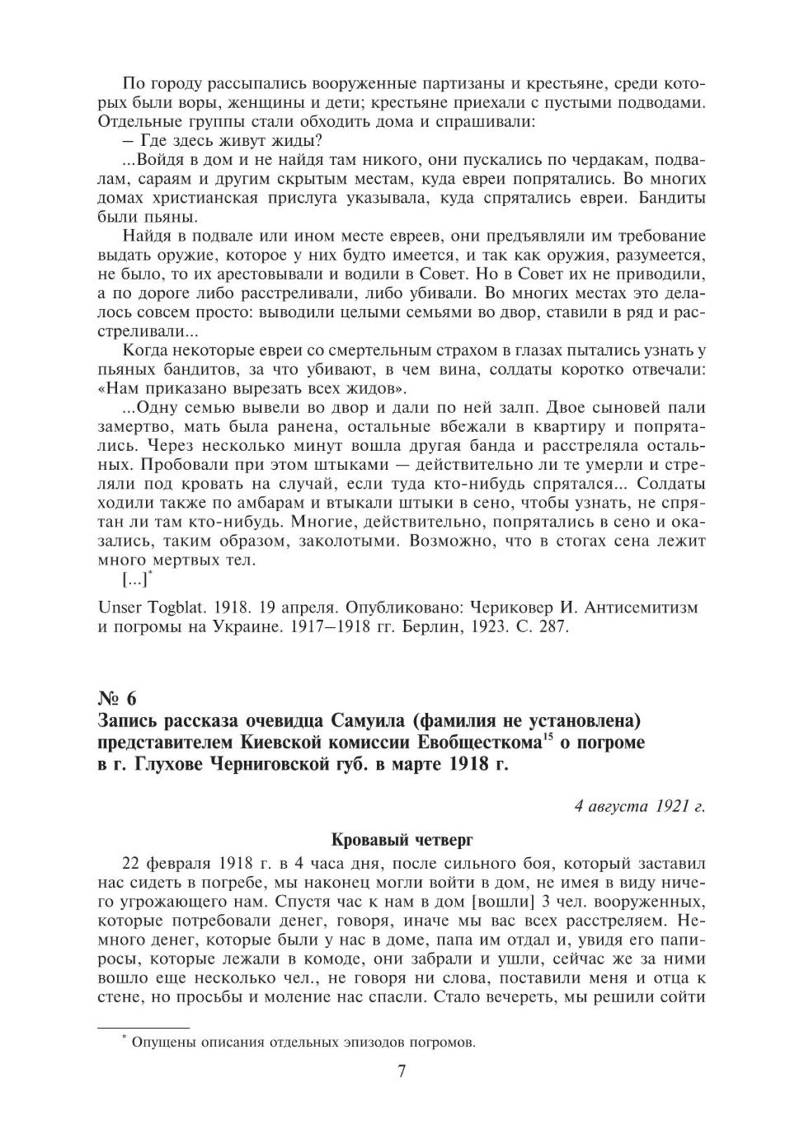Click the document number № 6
tap(117, 699)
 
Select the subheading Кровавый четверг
tap(402, 839)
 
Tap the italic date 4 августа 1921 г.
tap(639, 806)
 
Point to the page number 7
tap(402, 1072)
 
